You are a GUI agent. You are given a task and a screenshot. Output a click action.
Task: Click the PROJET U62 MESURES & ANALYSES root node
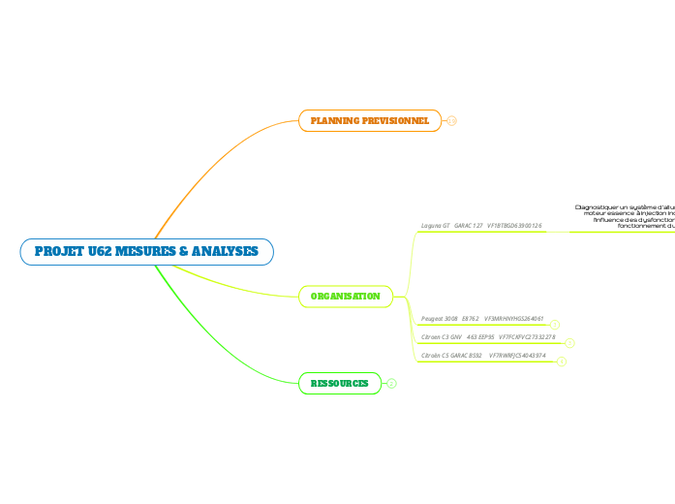point(146,252)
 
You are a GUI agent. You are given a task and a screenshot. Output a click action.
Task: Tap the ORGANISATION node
point(345,296)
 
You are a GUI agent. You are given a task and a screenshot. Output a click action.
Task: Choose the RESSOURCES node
point(339,384)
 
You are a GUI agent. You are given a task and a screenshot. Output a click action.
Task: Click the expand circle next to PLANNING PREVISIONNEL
point(451,121)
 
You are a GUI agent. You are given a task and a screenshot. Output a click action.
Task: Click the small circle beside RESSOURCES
point(391,384)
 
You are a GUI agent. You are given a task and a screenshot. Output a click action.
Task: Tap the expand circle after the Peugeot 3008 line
point(555,324)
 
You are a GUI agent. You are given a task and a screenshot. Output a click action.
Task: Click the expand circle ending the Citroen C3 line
point(569,342)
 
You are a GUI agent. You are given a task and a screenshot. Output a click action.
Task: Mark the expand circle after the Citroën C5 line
point(562,362)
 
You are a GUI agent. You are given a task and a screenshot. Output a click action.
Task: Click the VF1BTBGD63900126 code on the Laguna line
point(514,225)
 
